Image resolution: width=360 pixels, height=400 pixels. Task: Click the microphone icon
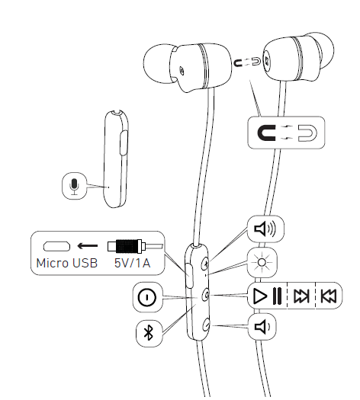73,185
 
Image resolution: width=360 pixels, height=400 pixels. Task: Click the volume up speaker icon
264,227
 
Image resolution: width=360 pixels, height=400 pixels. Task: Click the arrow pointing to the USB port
89,247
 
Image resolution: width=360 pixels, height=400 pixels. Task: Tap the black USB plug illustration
127,247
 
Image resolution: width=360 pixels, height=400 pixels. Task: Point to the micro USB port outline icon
56,247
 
